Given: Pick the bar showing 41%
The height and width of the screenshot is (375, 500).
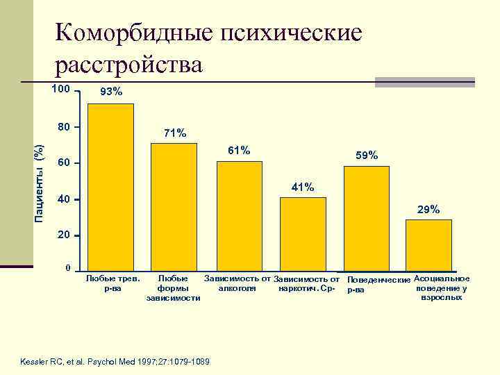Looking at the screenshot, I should click(303, 233).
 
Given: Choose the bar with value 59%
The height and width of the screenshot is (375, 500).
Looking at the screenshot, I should click(366, 217).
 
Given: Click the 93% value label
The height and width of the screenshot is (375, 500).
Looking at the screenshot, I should click(111, 92).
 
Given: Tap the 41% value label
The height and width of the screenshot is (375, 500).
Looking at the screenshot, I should click(303, 187).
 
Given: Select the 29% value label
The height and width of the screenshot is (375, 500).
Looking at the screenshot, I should click(428, 209).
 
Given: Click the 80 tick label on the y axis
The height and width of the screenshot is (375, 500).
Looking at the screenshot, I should click(63, 127).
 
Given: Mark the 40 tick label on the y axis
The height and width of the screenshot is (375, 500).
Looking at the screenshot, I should click(63, 200).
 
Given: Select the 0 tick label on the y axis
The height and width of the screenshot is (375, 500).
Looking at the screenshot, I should click(67, 269).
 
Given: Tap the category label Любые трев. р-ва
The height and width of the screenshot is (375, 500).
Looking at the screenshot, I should click(112, 283).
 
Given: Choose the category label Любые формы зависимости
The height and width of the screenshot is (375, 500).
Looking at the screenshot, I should click(174, 288).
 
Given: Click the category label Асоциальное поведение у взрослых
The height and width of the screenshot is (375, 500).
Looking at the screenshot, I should click(441, 287).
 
